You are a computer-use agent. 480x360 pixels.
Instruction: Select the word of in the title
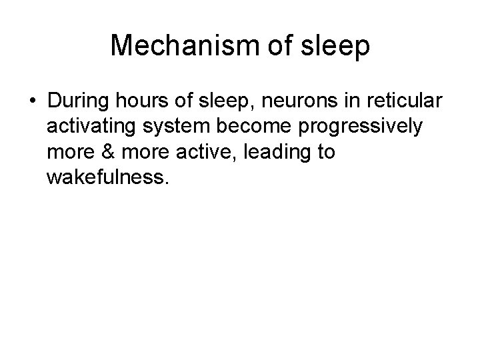point(284,45)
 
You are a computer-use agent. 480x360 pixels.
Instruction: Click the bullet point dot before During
point(32,102)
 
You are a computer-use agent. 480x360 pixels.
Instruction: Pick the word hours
point(137,102)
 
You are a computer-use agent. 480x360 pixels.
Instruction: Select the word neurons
point(286,102)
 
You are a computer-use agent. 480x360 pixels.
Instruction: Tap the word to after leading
point(326,153)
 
